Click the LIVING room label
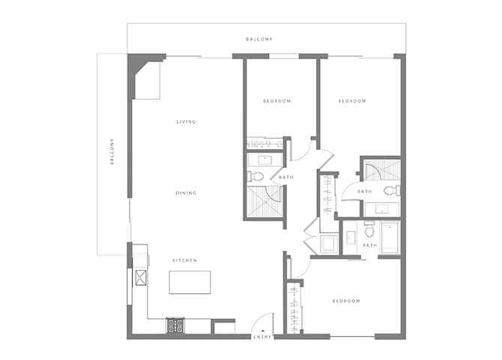click(186, 122)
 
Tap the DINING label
click(186, 193)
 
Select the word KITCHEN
click(184, 260)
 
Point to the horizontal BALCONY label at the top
click(259, 39)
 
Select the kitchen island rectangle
click(190, 282)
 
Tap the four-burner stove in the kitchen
click(175, 325)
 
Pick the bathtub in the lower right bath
click(389, 238)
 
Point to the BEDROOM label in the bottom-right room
click(346, 301)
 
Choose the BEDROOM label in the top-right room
click(351, 101)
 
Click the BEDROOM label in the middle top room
click(276, 101)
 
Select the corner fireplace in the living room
click(145, 78)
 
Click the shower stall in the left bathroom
click(264, 200)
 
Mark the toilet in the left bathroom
click(255, 177)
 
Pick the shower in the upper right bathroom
click(380, 169)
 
